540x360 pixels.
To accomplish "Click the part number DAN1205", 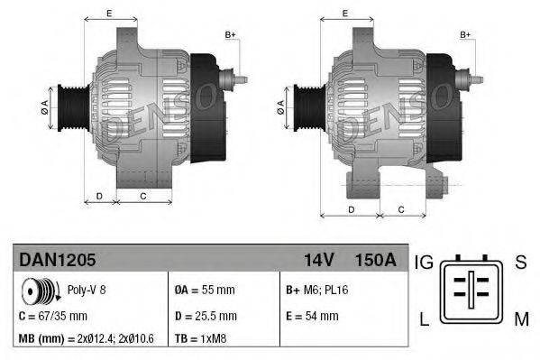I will pos(57,260).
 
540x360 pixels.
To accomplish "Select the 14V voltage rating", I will pos(318,260).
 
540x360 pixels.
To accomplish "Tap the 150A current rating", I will pos(376,260).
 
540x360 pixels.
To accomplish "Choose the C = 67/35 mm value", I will pos(53,317).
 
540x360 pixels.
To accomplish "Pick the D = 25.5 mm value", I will pos(205,317).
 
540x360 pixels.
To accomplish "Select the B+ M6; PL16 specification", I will pos(318,291).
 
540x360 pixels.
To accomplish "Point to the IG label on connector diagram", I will pos(425,263).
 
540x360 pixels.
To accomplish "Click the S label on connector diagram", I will pos(520,263).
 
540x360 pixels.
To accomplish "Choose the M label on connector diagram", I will pos(521,319).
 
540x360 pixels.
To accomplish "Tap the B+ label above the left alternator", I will pos(230,33).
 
